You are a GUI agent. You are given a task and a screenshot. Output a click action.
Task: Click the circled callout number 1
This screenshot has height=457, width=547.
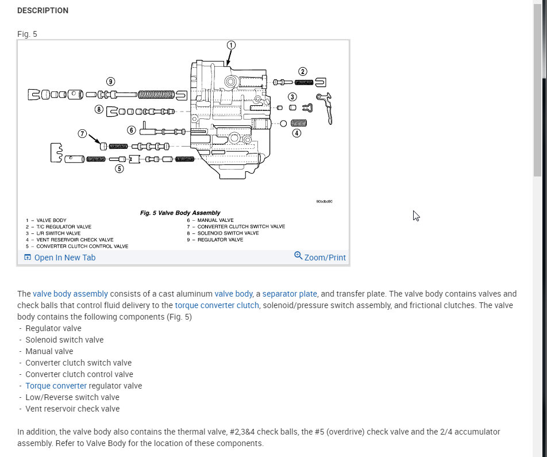tap(231, 45)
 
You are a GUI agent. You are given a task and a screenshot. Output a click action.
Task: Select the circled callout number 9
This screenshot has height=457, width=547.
tap(110, 81)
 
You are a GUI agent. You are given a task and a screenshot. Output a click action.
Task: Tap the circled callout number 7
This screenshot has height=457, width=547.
tap(82, 133)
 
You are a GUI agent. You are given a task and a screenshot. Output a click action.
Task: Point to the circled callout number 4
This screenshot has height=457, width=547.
tap(296, 133)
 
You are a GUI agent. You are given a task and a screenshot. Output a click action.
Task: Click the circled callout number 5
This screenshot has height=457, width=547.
tap(119, 168)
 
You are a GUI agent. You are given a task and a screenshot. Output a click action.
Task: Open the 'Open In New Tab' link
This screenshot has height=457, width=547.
tap(64, 258)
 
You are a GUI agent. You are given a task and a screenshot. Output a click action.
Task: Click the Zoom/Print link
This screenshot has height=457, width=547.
tap(325, 258)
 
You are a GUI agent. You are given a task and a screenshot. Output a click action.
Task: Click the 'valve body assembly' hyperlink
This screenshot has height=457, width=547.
tap(70, 293)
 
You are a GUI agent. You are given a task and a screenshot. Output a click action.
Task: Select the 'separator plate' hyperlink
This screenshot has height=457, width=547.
tap(290, 293)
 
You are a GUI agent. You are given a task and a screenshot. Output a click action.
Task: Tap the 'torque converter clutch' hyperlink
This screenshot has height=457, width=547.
tap(217, 305)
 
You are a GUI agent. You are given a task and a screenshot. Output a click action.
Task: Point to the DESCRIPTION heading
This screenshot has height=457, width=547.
tap(43, 10)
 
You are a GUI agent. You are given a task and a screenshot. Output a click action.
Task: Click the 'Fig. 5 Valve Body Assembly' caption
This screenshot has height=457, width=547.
tap(180, 213)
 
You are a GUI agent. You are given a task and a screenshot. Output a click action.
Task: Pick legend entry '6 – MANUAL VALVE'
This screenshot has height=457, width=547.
tap(210, 220)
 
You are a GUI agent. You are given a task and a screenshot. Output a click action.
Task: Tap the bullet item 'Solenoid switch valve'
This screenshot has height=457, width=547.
tap(64, 340)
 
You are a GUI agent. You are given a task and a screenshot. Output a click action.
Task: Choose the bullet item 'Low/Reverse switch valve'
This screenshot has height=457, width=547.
tap(72, 397)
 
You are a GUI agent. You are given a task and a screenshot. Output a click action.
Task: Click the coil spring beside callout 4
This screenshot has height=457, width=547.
tap(299, 122)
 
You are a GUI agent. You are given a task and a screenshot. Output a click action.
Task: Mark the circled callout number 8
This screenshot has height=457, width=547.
tap(99, 109)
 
